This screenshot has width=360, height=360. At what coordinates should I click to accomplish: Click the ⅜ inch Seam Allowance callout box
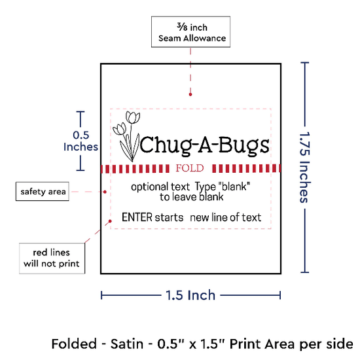[190, 32]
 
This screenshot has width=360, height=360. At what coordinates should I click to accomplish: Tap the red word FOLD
[190, 168]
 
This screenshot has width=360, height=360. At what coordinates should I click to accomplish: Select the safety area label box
[43, 192]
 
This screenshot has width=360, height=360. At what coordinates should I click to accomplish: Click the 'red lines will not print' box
[52, 259]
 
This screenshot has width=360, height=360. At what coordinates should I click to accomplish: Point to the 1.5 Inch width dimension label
[190, 295]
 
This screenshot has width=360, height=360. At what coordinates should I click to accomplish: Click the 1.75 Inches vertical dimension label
[305, 168]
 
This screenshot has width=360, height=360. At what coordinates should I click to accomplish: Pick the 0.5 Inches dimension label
[81, 141]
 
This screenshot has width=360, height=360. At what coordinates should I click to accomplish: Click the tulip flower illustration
[126, 136]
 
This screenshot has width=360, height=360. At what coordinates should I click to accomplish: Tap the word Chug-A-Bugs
[204, 145]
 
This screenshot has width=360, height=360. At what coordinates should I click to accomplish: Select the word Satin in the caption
[127, 344]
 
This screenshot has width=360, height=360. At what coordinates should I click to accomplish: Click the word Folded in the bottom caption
[74, 344]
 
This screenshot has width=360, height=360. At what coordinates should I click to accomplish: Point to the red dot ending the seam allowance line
[190, 94]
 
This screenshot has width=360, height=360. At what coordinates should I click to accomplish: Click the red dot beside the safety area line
[105, 192]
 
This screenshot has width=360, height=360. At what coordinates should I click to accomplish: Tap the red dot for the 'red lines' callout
[110, 221]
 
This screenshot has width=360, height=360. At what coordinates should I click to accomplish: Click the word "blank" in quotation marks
[234, 187]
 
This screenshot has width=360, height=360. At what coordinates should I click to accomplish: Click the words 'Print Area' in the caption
[262, 344]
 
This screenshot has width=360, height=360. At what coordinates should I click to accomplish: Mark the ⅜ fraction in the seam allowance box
[182, 27]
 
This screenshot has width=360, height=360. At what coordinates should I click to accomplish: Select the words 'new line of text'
[226, 217]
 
